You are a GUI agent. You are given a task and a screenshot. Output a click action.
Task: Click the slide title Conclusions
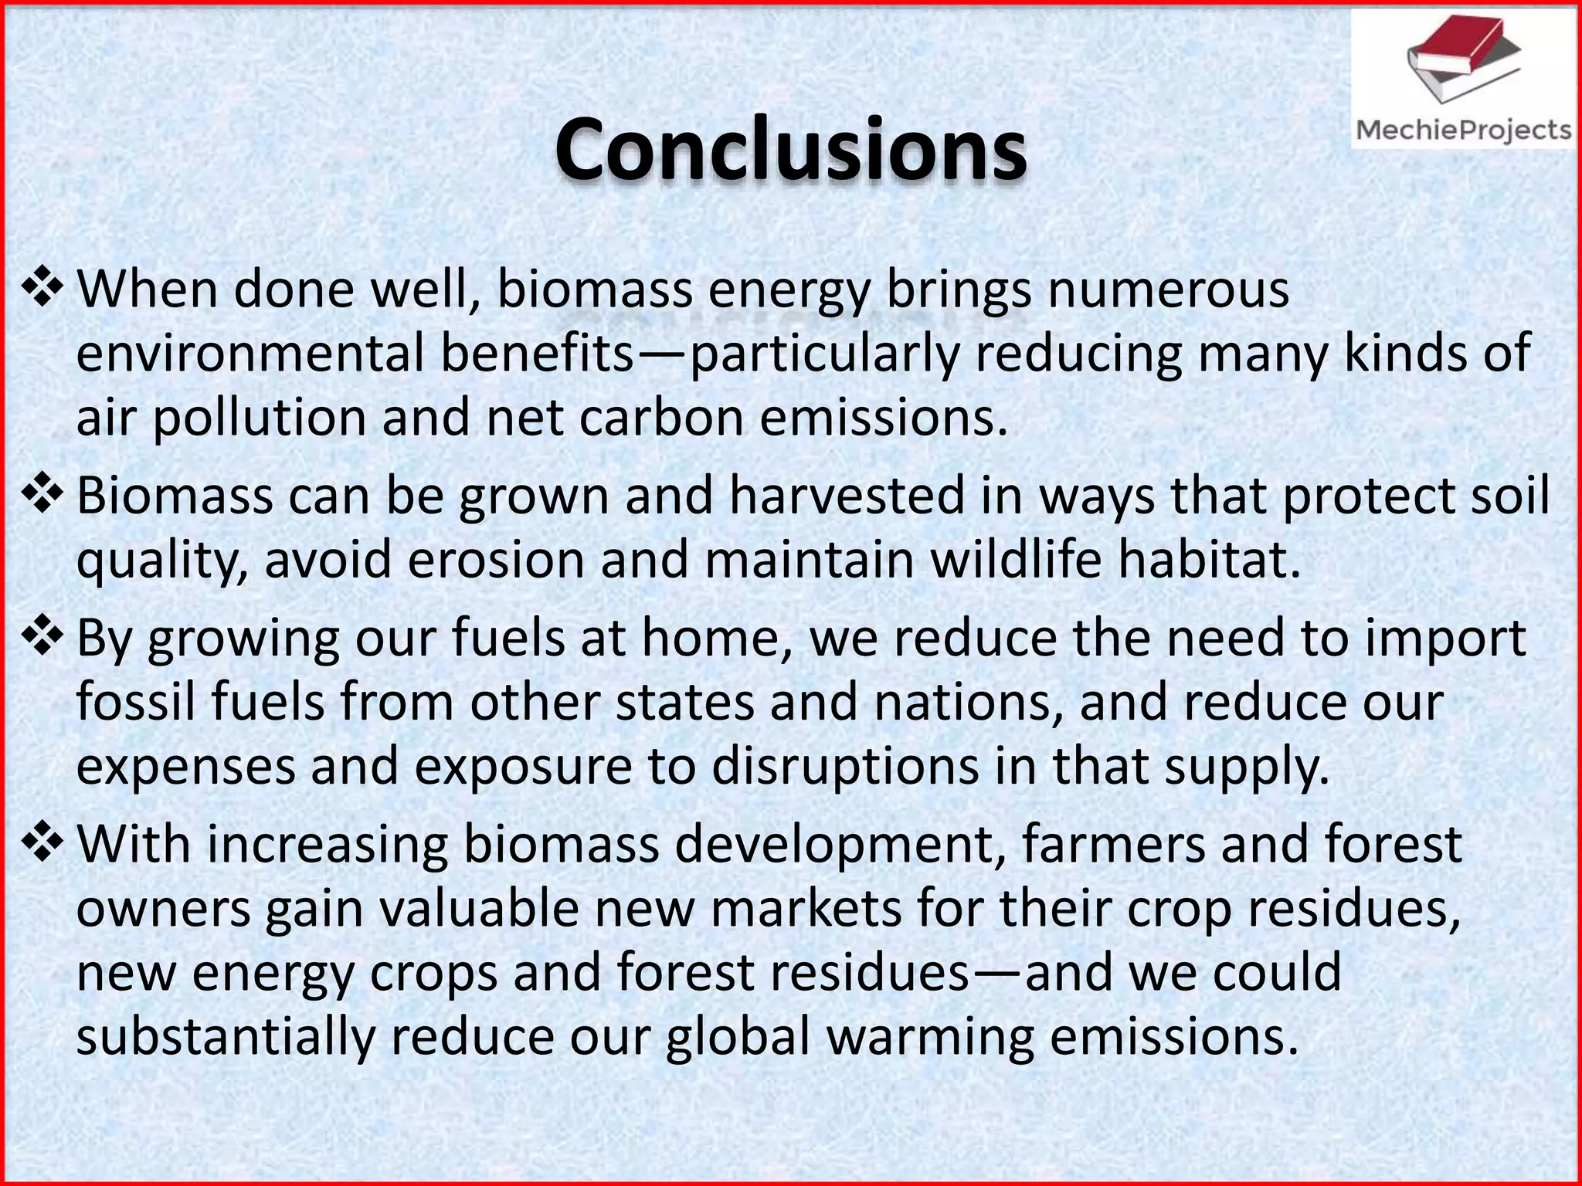tap(790, 150)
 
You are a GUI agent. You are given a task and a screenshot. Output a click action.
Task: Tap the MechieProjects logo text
tap(1463, 130)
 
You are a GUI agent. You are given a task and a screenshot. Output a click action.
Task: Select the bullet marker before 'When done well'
tap(42, 288)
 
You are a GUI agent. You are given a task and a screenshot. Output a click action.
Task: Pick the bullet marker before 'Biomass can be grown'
tap(42, 494)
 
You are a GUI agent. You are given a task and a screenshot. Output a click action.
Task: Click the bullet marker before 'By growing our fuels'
tap(42, 637)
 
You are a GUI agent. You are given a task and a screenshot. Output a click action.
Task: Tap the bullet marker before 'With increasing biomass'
tap(42, 843)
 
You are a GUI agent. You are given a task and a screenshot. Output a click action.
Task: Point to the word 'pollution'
tap(258, 418)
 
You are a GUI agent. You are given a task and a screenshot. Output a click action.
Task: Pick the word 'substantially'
tap(225, 1038)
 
